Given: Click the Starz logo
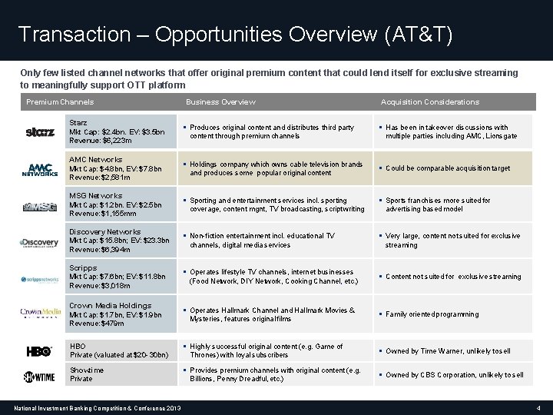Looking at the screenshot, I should [x=39, y=132].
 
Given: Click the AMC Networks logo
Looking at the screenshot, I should [x=39, y=169].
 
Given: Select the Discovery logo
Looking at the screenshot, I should [x=39, y=243].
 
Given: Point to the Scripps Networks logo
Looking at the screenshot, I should [x=39, y=279].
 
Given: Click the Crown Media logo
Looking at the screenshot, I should [x=39, y=314].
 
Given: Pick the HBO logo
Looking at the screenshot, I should [x=39, y=351].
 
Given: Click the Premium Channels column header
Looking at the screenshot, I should [x=60, y=102].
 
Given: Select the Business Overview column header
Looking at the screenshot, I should [x=220, y=102].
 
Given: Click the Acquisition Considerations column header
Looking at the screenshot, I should [x=430, y=102].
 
